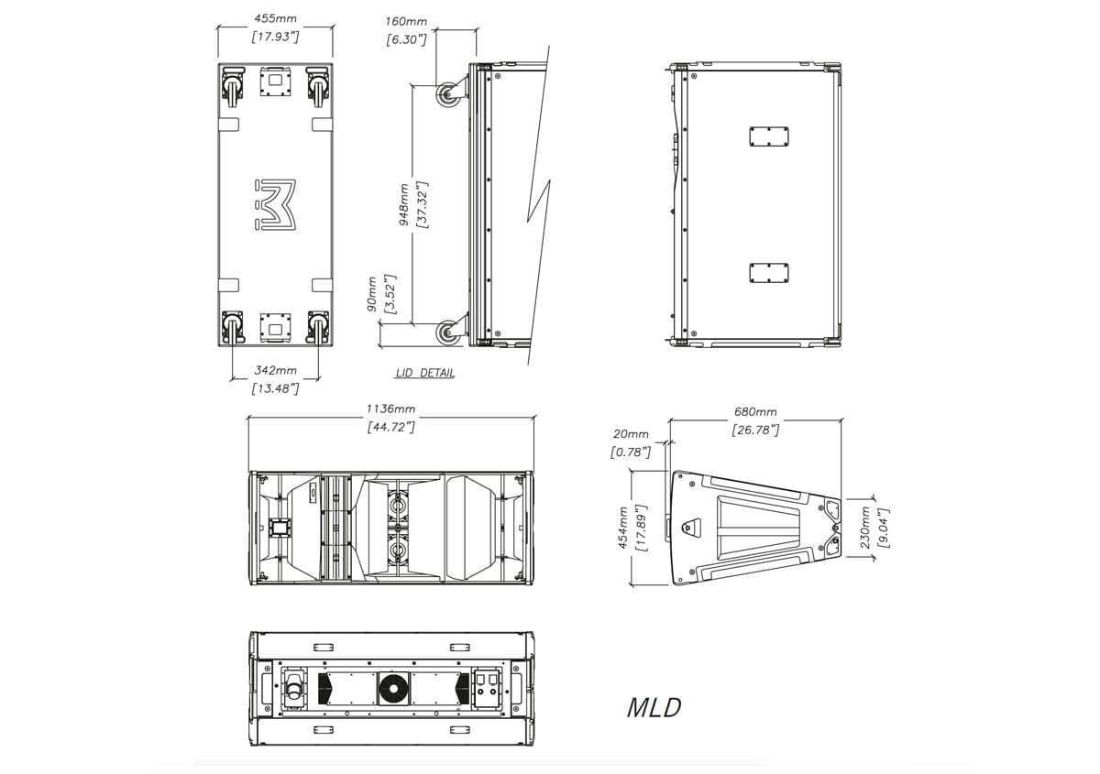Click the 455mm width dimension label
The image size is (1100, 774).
tap(275, 18)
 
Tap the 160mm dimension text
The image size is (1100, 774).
tap(405, 22)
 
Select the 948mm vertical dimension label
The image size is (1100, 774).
tap(403, 204)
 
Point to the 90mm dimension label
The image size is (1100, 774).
tap(372, 294)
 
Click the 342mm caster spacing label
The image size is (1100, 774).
tap(275, 370)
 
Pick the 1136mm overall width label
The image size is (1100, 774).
tap(390, 409)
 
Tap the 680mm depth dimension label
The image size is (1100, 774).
tap(755, 412)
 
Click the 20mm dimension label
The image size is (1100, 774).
tap(631, 434)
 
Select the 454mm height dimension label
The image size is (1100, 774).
tap(622, 528)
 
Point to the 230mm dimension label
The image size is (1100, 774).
tap(865, 527)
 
